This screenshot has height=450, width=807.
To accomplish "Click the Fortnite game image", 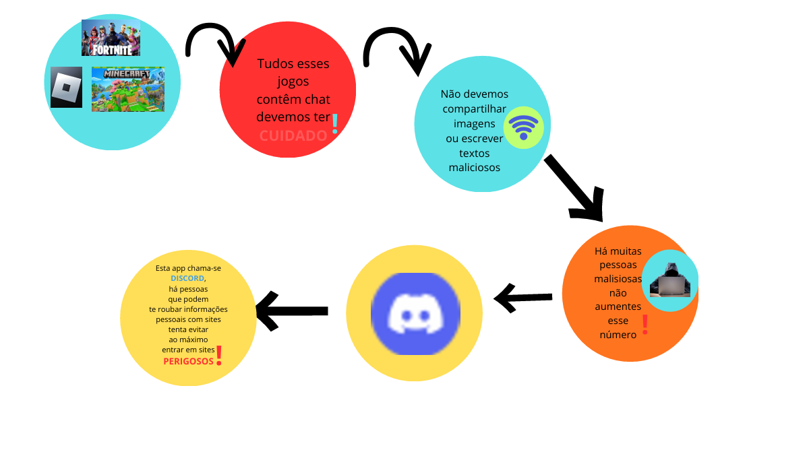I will (111, 37).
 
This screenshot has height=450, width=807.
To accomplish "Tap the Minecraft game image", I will (127, 89).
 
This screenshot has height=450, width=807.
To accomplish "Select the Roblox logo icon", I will (66, 87).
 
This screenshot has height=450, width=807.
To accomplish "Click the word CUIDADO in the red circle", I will (293, 135).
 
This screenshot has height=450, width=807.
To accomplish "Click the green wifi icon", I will (523, 127).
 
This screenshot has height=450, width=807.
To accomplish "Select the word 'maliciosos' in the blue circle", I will (475, 167).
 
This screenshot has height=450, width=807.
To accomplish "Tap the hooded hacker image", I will (669, 280).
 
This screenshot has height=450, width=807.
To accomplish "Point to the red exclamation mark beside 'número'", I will (645, 325).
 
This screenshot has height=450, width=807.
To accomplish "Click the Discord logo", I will (415, 313).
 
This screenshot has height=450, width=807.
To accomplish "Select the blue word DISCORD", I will (187, 278).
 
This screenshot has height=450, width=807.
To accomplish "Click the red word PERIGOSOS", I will (188, 361).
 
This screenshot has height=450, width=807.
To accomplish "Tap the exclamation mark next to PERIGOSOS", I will (218, 356).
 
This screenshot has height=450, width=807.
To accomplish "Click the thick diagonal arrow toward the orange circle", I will (575, 189).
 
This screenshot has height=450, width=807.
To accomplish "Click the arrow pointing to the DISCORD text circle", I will (291, 311).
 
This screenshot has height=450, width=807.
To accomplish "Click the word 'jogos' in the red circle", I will (293, 82).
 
